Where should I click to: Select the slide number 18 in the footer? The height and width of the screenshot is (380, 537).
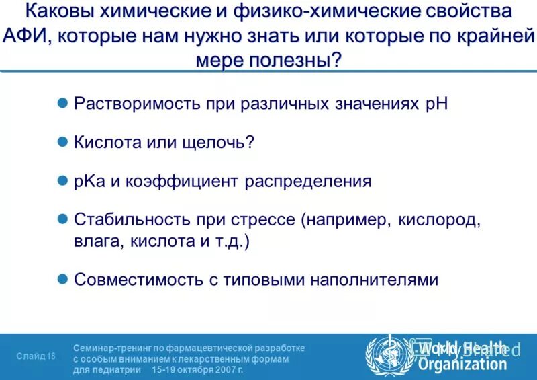click(52, 356)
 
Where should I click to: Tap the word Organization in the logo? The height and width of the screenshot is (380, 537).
click(462, 365)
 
